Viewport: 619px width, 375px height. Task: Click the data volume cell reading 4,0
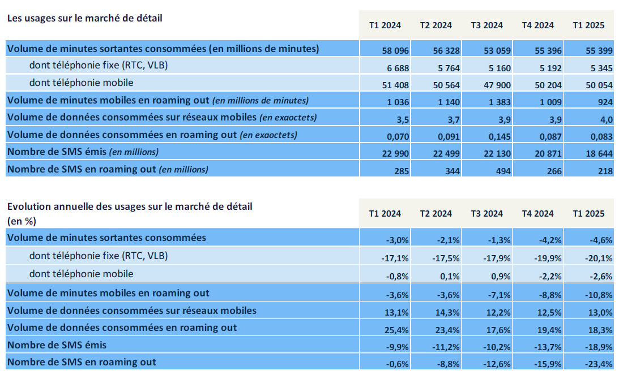[605, 119]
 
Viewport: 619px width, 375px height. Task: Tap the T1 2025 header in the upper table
[588, 25]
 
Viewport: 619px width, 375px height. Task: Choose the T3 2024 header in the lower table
[486, 214]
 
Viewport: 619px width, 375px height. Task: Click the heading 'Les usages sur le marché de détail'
[84, 18]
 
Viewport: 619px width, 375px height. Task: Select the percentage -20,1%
[600, 258]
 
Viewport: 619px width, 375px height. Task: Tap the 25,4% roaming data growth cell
[396, 328]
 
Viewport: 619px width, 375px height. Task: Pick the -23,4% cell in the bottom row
[600, 363]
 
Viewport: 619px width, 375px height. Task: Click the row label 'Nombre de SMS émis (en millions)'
[83, 152]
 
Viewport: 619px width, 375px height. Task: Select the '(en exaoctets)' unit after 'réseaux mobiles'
[288, 118]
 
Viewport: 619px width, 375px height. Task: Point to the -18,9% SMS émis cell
[600, 346]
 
